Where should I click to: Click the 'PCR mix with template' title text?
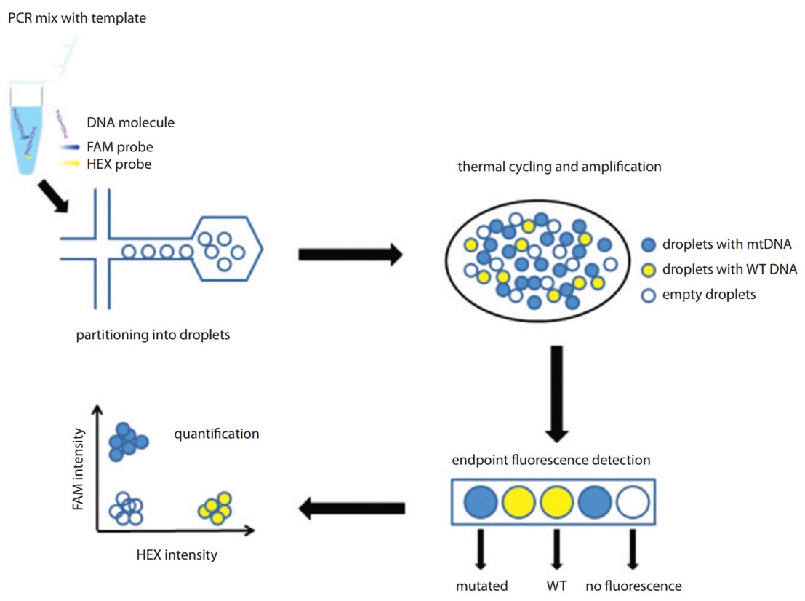[77, 17]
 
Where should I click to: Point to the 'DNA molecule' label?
[130, 123]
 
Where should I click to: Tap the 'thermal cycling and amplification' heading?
[559, 167]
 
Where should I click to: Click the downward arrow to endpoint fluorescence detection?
[557, 394]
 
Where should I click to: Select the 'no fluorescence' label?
[633, 585]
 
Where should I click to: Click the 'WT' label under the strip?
[556, 585]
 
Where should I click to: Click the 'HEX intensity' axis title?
[177, 555]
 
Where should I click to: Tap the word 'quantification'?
[217, 434]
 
